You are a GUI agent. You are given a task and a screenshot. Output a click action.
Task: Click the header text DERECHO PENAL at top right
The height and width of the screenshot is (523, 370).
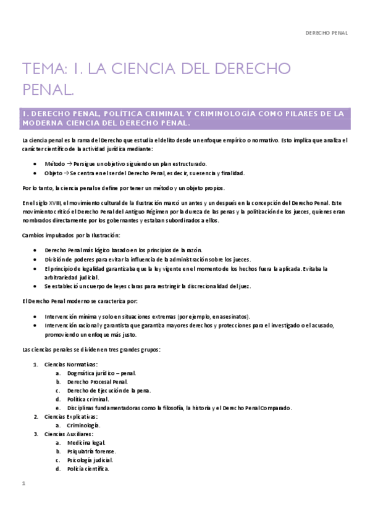(327, 33)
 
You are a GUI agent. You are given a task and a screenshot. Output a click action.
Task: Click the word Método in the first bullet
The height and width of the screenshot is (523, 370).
(54, 165)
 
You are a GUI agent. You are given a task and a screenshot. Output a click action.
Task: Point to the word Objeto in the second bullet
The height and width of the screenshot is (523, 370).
(54, 173)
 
